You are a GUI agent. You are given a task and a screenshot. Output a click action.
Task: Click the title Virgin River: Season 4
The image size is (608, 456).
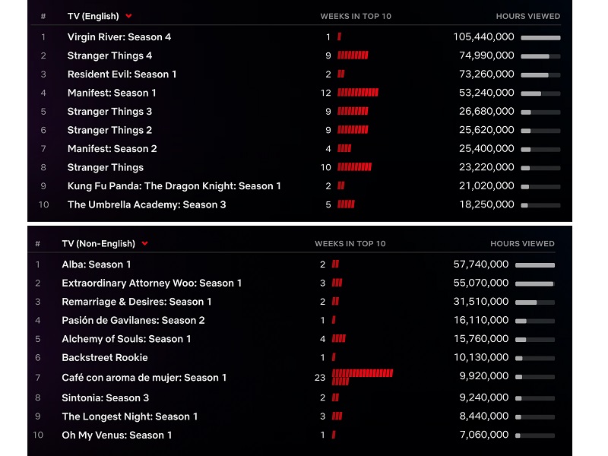[119, 36]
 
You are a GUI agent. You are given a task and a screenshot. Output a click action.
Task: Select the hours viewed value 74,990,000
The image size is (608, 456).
[483, 55]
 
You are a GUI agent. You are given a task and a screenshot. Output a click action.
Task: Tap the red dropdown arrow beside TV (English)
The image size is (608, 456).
[129, 16]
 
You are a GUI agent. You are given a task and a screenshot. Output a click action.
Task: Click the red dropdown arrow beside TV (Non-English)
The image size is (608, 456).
[144, 244]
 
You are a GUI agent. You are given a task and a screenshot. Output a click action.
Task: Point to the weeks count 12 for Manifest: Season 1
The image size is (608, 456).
[326, 93]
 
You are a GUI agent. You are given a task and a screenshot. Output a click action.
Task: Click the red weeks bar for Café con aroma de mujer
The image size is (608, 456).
[362, 377]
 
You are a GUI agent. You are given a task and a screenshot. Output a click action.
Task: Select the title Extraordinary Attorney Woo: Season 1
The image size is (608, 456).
[152, 283]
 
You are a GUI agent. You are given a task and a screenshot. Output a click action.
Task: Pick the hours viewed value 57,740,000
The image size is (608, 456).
[481, 264]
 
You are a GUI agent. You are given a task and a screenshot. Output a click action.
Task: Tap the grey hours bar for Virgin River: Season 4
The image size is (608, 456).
[540, 37]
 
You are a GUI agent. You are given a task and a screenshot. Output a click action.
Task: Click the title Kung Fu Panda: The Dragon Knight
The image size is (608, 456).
[174, 186]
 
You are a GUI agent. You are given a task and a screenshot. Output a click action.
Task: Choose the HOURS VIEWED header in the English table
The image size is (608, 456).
[528, 16]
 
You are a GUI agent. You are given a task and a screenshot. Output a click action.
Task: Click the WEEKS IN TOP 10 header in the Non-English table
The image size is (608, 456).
[350, 244]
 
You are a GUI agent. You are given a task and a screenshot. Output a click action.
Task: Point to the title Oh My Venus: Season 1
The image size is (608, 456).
[117, 435]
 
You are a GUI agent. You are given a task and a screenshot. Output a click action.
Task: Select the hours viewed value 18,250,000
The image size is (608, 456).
[483, 204]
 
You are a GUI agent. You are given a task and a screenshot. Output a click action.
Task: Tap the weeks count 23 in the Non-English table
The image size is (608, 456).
[320, 377]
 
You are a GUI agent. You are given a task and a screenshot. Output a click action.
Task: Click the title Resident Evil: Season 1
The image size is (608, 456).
[122, 74]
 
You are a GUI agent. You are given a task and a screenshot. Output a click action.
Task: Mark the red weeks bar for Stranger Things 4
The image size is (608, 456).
[353, 55]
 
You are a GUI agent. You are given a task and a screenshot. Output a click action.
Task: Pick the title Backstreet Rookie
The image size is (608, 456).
[105, 357]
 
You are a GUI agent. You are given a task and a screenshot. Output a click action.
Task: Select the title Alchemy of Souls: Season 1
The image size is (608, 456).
[126, 339]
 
